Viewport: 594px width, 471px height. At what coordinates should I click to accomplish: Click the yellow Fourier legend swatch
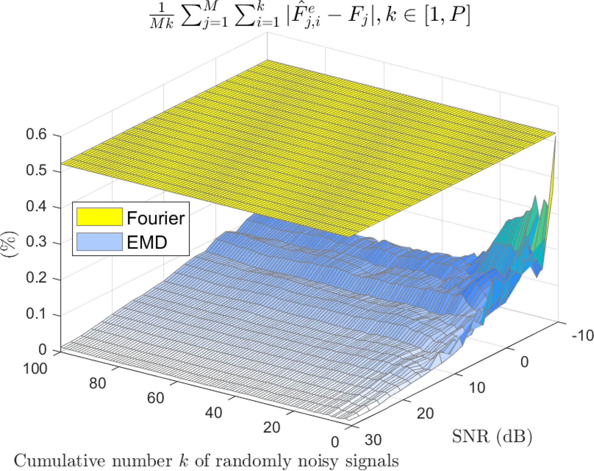coord(99,217)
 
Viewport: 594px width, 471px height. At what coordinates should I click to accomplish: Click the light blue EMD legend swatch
coord(99,242)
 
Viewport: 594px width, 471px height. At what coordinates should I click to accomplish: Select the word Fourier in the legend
coord(155,218)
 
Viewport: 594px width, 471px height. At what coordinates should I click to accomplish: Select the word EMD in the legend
coord(147,242)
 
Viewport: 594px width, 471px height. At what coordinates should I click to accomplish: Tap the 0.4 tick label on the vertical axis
coord(36,206)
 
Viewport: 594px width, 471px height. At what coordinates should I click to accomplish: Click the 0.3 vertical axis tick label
coord(36,242)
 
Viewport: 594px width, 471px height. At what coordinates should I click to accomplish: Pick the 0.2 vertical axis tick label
coord(36,278)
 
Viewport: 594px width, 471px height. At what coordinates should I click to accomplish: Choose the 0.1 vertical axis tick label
coord(36,314)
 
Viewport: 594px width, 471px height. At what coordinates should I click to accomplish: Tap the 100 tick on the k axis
coord(35,369)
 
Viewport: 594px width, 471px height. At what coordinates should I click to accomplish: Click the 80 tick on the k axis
coord(97,383)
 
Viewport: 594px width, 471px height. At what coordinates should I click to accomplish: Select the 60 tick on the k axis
coord(155,398)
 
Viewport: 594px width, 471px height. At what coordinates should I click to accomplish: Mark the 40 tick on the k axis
coord(214,413)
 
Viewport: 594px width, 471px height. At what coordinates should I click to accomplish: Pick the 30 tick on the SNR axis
coord(373,440)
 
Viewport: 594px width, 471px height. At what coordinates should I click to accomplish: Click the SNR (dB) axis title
coord(492,436)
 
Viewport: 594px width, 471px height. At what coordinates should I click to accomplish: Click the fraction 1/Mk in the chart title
coord(162,17)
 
